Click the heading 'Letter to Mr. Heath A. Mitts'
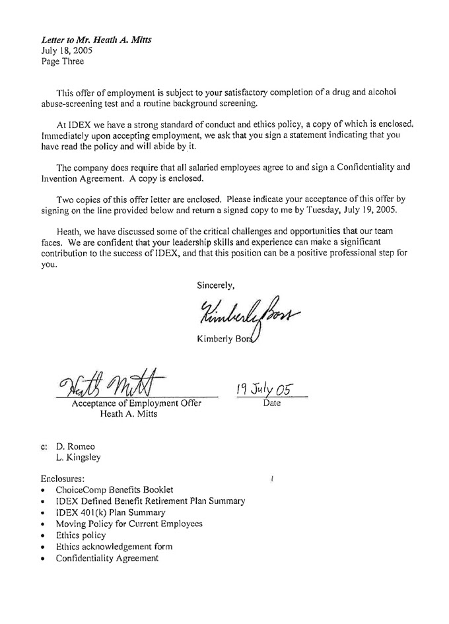[96, 40]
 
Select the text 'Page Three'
[63, 61]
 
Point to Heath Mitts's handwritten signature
[112, 382]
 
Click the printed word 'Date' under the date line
[271, 402]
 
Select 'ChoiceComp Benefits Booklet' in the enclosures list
[114, 489]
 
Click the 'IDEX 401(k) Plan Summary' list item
[110, 512]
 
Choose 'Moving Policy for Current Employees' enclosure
[129, 524]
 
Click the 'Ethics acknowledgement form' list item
[114, 547]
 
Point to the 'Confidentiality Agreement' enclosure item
[107, 558]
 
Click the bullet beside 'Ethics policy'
[43, 536]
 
